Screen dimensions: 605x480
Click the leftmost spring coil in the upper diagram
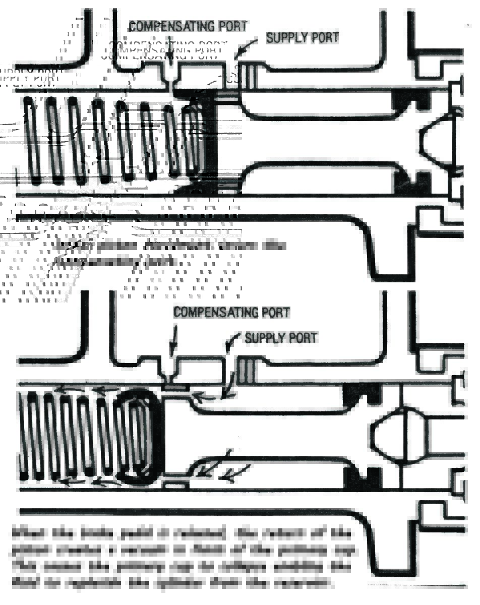click(x=33, y=140)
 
